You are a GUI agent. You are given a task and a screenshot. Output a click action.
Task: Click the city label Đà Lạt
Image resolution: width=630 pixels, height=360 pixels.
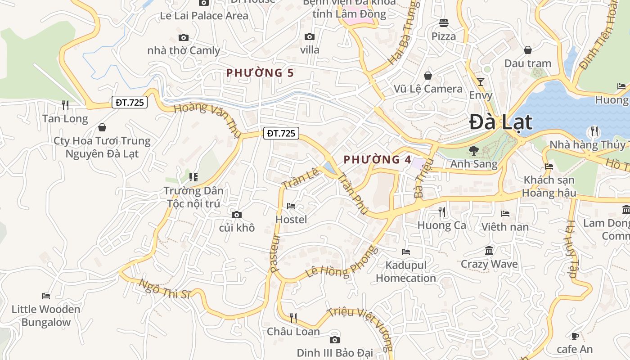[x=500, y=122]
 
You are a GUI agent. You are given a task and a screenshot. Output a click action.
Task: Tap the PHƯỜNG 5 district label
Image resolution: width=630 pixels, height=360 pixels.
[x=260, y=72]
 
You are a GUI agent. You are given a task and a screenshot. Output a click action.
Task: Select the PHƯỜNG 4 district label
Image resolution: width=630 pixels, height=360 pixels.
[x=377, y=159]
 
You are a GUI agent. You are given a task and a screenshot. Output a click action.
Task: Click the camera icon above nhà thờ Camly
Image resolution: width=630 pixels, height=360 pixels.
[x=183, y=37]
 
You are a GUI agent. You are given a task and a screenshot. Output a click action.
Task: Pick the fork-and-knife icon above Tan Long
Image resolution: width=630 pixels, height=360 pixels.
[x=65, y=105]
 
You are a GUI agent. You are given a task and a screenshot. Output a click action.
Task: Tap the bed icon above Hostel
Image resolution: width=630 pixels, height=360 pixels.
[x=291, y=206]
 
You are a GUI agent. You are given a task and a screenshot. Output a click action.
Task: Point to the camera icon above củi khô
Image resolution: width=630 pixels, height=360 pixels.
[x=237, y=215]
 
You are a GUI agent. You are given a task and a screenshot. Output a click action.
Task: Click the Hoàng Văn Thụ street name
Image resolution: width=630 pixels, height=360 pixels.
[x=205, y=119]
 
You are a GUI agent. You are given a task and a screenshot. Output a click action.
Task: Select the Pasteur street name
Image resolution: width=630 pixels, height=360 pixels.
[x=275, y=253]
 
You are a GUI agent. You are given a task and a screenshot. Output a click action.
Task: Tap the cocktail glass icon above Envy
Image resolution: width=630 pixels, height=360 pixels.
[x=481, y=82]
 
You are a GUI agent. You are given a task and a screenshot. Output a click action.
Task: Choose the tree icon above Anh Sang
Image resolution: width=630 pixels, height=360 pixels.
[x=473, y=150]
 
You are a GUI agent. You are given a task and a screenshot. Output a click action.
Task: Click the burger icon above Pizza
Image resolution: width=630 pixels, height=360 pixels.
[x=444, y=23]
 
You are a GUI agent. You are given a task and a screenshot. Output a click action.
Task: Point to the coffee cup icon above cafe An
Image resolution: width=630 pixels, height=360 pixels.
[x=575, y=336]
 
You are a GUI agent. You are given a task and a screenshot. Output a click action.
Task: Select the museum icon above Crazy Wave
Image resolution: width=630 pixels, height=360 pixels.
[x=489, y=250]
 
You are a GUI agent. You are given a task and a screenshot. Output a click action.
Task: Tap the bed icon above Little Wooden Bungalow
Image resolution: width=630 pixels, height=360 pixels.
[x=46, y=296]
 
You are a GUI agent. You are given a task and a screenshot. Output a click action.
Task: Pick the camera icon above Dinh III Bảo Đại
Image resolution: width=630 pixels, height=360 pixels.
[x=334, y=340]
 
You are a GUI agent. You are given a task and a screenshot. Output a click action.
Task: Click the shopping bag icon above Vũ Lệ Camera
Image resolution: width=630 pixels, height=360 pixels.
[x=428, y=76]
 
